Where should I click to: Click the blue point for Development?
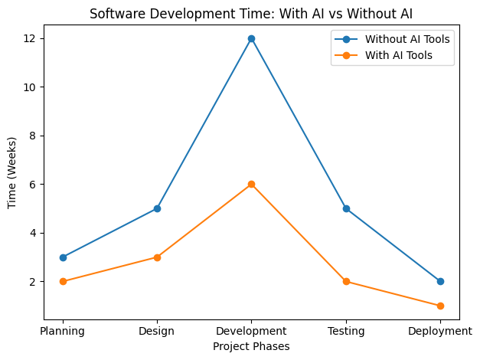pyautogui.click(x=251, y=38)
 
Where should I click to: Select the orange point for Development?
pyautogui.click(x=251, y=184)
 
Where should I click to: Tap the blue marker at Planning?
pyautogui.click(x=63, y=257)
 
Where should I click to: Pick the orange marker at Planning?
pyautogui.click(x=63, y=281)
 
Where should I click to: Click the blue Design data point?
pyautogui.click(x=157, y=208)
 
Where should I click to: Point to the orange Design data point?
pyautogui.click(x=157, y=257)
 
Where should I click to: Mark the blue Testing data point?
pyautogui.click(x=346, y=208)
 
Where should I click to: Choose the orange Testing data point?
pyautogui.click(x=346, y=281)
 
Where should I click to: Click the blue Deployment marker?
pyautogui.click(x=440, y=281)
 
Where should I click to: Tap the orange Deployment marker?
pyautogui.click(x=440, y=306)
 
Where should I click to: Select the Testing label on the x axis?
pyautogui.click(x=346, y=332)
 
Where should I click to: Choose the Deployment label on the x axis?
pyautogui.click(x=440, y=332)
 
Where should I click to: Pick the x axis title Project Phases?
pyautogui.click(x=251, y=347)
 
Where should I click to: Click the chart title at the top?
pyautogui.click(x=251, y=14)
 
